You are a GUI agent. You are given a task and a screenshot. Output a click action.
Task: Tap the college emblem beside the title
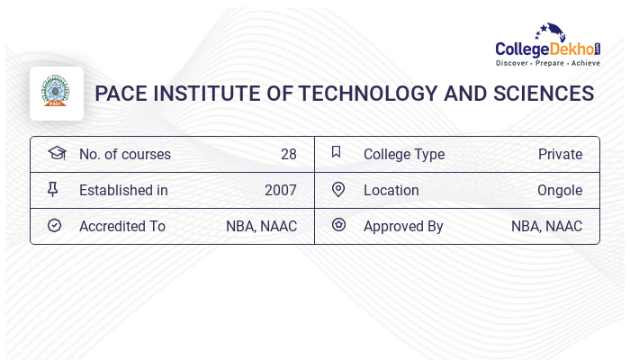coord(57,93)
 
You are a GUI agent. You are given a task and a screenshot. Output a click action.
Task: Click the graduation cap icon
coord(56,153)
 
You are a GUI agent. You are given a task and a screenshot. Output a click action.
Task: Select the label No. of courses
coord(124,154)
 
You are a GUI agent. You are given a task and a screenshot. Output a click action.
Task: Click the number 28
coord(288,154)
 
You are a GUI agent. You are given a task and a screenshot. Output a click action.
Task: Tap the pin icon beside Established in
coord(53,189)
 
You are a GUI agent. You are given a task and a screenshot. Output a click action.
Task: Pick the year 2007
coord(280,190)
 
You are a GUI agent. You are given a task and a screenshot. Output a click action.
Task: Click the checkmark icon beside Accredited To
coord(54,225)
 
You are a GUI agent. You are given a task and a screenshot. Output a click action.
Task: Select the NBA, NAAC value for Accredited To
coord(261,226)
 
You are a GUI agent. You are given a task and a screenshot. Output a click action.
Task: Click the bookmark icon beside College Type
coord(337,152)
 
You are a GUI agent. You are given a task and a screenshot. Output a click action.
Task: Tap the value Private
coord(560,154)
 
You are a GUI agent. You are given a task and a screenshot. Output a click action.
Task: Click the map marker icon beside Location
coord(338,189)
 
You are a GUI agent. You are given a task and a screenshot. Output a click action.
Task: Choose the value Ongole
coord(560,190)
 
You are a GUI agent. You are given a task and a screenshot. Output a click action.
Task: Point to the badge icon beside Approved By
coord(338,225)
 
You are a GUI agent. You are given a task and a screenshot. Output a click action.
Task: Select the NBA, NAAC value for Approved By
coord(546,226)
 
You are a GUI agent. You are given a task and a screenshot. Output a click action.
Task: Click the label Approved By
coord(403,226)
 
